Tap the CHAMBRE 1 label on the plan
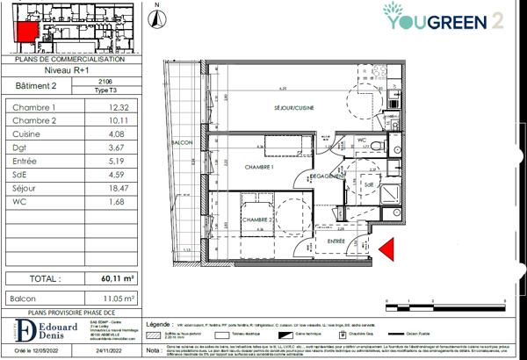[260, 167]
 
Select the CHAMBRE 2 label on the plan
[256, 220]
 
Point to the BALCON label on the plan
[181, 143]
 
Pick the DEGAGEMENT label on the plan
[327, 176]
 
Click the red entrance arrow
[387, 251]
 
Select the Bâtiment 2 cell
[36, 85]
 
